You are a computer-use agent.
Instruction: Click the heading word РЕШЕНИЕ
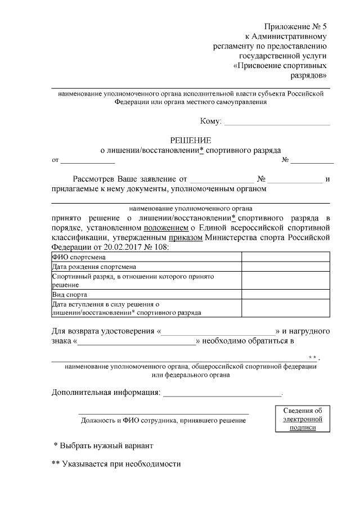(191, 140)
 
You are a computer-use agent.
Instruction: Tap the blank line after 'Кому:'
(277, 121)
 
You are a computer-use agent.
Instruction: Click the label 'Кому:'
(211, 121)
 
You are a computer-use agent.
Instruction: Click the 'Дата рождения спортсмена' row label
(93, 267)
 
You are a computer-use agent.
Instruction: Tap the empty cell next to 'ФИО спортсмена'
(285, 257)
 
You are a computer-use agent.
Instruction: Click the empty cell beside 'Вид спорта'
(285, 294)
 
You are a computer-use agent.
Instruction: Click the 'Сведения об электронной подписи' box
(302, 419)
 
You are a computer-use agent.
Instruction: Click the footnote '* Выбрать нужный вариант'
(103, 445)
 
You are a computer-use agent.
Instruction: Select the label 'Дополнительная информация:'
(105, 391)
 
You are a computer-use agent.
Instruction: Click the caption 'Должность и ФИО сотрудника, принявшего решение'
(163, 420)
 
